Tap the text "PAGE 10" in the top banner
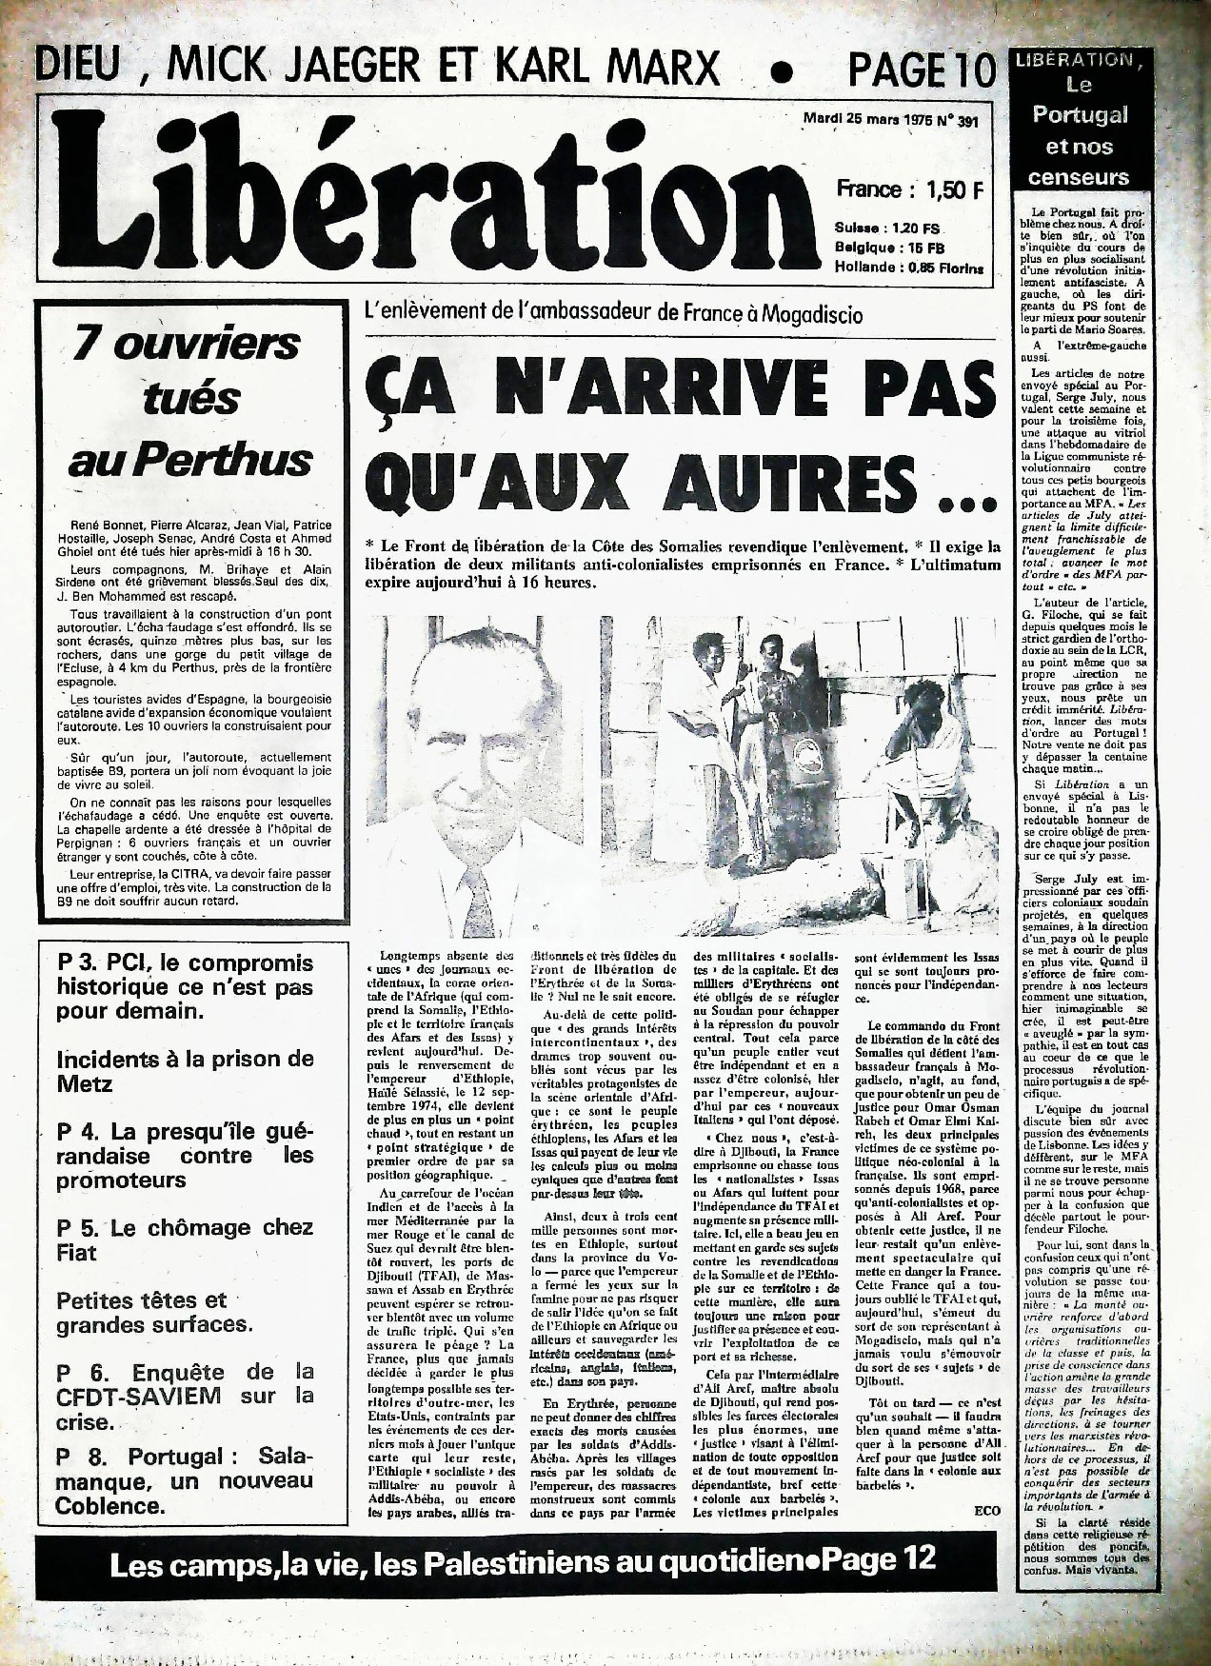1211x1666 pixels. [920, 69]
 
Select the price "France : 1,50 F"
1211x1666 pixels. [908, 188]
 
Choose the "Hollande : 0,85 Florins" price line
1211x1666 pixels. [908, 268]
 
